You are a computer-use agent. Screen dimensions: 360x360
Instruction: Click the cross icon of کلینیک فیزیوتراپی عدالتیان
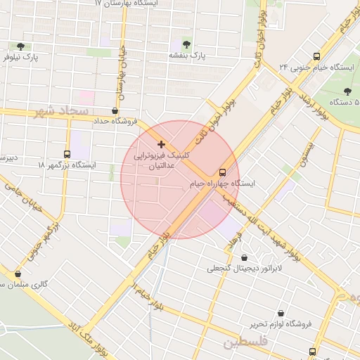coord(162,143)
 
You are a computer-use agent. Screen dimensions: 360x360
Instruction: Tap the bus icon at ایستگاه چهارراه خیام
coord(222,172)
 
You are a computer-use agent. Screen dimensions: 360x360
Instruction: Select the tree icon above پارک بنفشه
coord(186,43)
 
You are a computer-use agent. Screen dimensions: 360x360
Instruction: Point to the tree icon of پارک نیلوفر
coord(20,46)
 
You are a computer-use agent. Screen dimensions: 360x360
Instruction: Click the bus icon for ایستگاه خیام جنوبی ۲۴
coord(316,56)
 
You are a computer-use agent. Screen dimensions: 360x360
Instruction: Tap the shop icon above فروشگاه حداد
coord(115,110)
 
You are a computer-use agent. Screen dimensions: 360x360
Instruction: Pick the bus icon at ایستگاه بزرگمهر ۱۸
coord(67,154)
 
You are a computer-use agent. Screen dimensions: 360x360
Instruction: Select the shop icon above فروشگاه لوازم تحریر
coord(281,313)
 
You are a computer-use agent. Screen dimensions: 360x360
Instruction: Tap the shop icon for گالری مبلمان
coord(18,274)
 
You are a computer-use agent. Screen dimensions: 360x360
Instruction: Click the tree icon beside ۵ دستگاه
coord(347,91)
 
